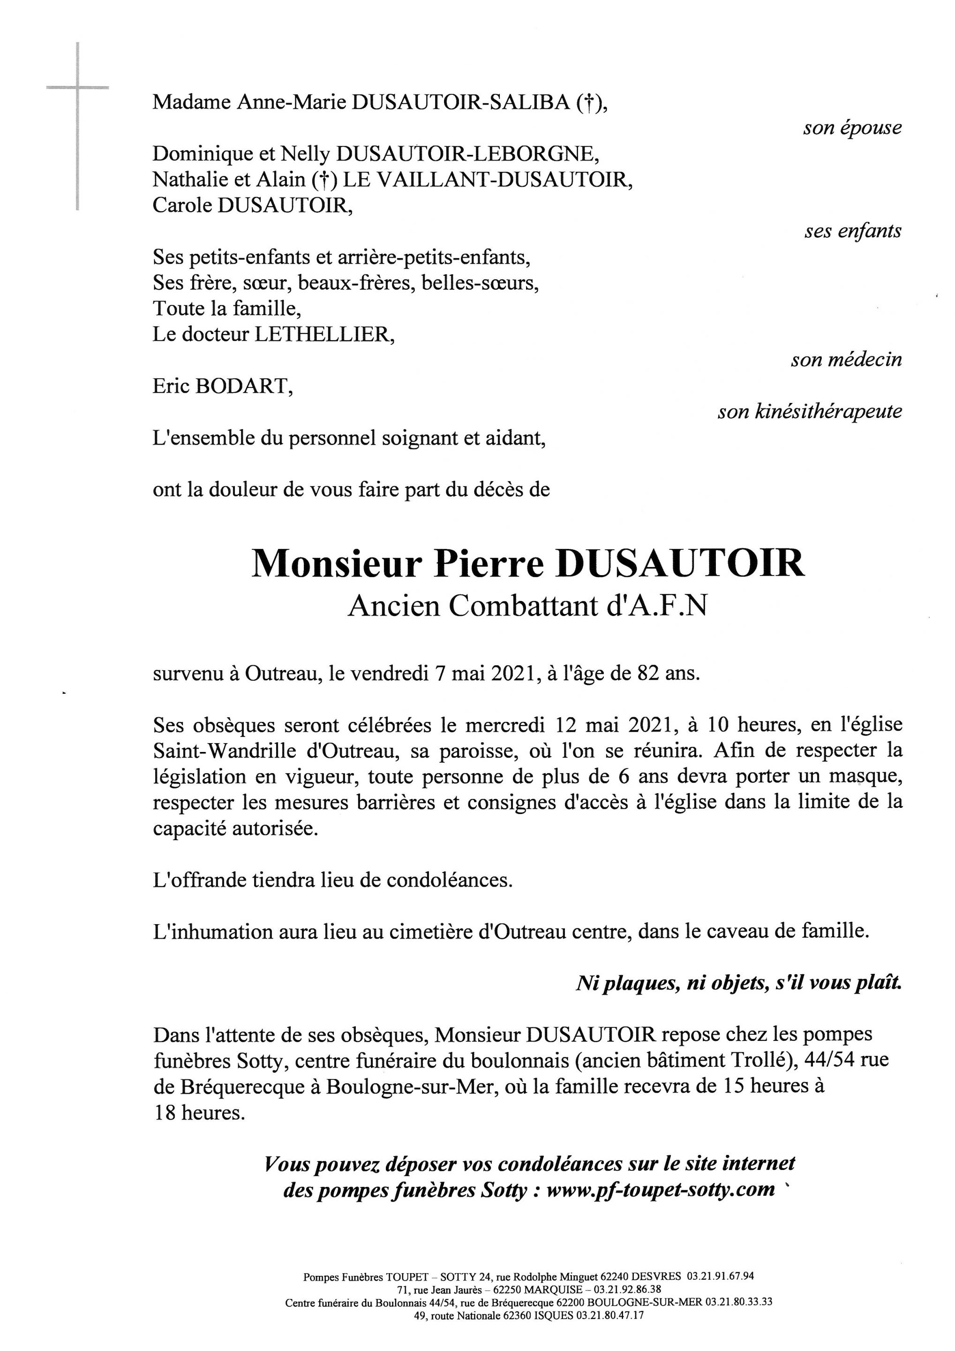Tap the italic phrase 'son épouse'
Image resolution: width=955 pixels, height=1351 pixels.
pyautogui.click(x=852, y=128)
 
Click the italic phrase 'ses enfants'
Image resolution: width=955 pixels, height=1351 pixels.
pyautogui.click(x=853, y=231)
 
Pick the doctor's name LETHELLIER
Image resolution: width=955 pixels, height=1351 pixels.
pyautogui.click(x=321, y=335)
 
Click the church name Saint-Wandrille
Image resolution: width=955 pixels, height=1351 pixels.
pyautogui.click(x=227, y=751)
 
